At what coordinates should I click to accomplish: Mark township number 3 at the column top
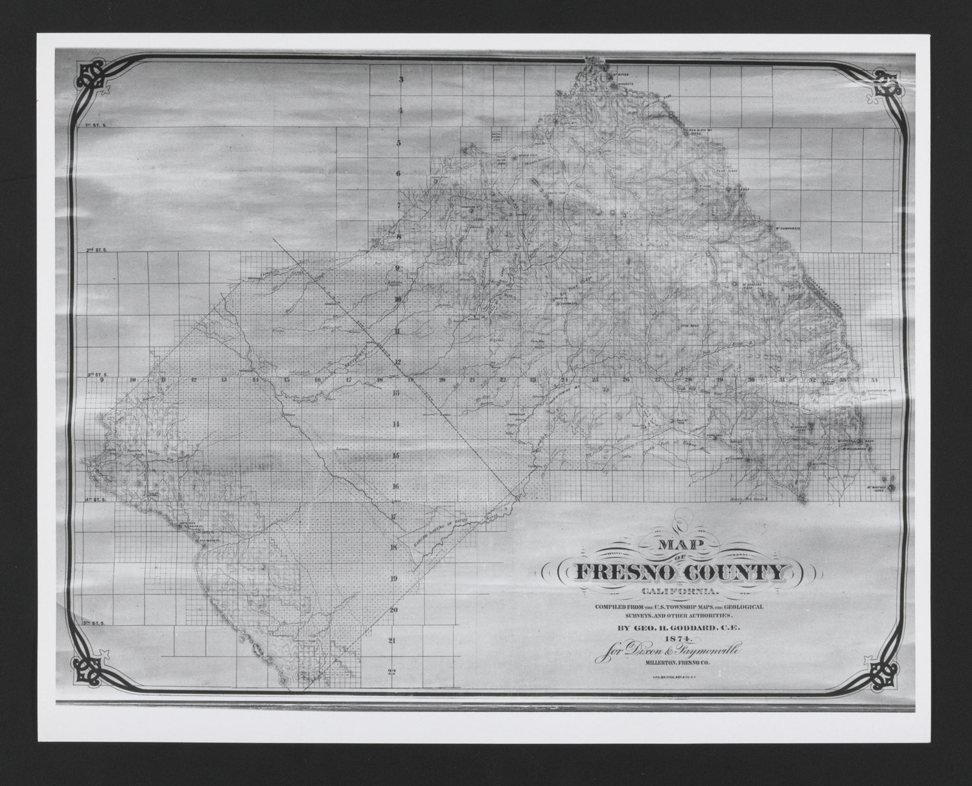coord(401,80)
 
